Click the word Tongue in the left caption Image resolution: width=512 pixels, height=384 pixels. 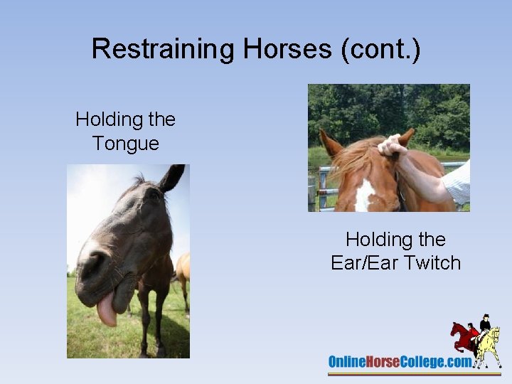pyautogui.click(x=126, y=143)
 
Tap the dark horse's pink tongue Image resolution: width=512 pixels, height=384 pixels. pyautogui.click(x=107, y=310)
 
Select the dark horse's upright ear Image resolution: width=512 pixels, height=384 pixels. pyautogui.click(x=171, y=178)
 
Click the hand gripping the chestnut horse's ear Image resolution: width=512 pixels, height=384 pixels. pyautogui.click(x=392, y=145)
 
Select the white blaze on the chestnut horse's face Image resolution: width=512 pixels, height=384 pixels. pyautogui.click(x=365, y=195)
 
